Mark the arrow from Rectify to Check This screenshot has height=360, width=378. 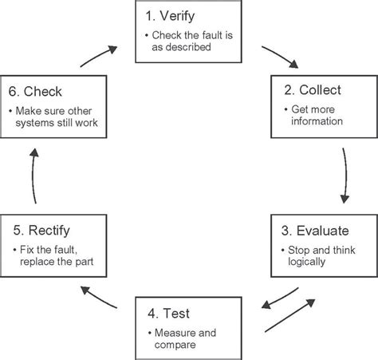[x=33, y=172]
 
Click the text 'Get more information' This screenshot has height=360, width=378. [x=316, y=116]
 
